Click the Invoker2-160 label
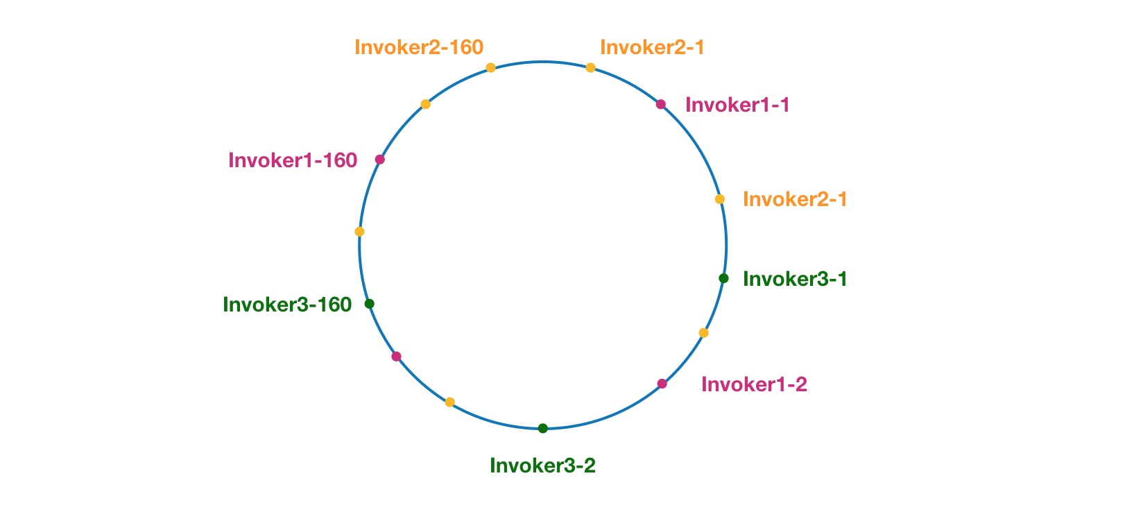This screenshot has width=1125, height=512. pyautogui.click(x=418, y=47)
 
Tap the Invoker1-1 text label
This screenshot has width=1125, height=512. pyautogui.click(x=737, y=105)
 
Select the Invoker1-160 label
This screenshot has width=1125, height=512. pyautogui.click(x=293, y=160)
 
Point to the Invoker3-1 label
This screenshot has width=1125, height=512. pyautogui.click(x=795, y=279)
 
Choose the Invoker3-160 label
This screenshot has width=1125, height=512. pyautogui.click(x=287, y=305)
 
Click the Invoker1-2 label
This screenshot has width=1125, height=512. pyautogui.click(x=754, y=384)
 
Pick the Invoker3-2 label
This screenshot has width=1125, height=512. pyautogui.click(x=542, y=466)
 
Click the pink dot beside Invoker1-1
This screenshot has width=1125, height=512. pyautogui.click(x=661, y=105)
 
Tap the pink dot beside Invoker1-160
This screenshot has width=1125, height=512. pyautogui.click(x=379, y=160)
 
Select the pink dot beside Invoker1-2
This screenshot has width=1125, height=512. pyautogui.click(x=662, y=384)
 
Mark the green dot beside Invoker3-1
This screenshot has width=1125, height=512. pyautogui.click(x=723, y=278)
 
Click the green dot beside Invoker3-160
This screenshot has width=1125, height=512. pyautogui.click(x=370, y=304)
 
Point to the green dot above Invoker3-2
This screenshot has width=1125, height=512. pyautogui.click(x=543, y=428)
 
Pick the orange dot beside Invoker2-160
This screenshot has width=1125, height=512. pyautogui.click(x=491, y=68)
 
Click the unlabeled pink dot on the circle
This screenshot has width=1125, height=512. pyautogui.click(x=396, y=357)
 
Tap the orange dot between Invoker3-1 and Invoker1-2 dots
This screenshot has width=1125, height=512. pyautogui.click(x=703, y=333)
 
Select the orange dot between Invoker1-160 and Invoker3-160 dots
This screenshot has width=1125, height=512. pyautogui.click(x=359, y=232)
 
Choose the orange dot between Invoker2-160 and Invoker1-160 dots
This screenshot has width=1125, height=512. pyautogui.click(x=426, y=104)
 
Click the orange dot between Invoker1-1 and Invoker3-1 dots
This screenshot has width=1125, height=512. pyautogui.click(x=720, y=199)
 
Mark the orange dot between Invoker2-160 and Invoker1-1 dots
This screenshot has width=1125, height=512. pyautogui.click(x=590, y=68)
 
